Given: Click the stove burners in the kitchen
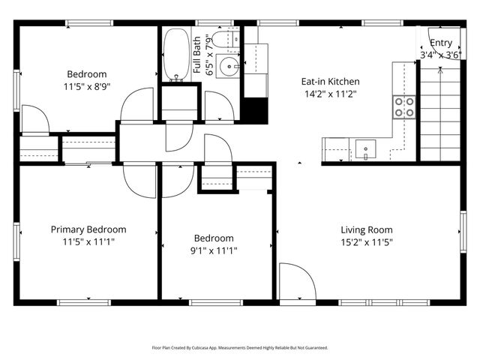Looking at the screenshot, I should [x=405, y=107].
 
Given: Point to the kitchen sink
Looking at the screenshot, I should [x=366, y=148].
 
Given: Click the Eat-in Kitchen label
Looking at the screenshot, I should [x=330, y=82].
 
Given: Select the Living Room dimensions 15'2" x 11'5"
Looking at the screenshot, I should [x=367, y=242].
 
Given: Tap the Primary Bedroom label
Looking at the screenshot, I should [x=88, y=229].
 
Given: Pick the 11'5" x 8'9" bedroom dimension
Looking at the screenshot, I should [x=87, y=87].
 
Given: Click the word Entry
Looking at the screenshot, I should [x=441, y=43].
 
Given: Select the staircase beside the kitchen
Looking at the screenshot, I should [x=437, y=112].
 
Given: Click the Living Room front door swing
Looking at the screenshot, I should [x=296, y=283].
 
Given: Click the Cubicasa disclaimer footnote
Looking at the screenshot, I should [x=240, y=348].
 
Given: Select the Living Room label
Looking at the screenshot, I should [x=367, y=230].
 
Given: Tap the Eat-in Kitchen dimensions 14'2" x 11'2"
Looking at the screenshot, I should [x=330, y=94].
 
